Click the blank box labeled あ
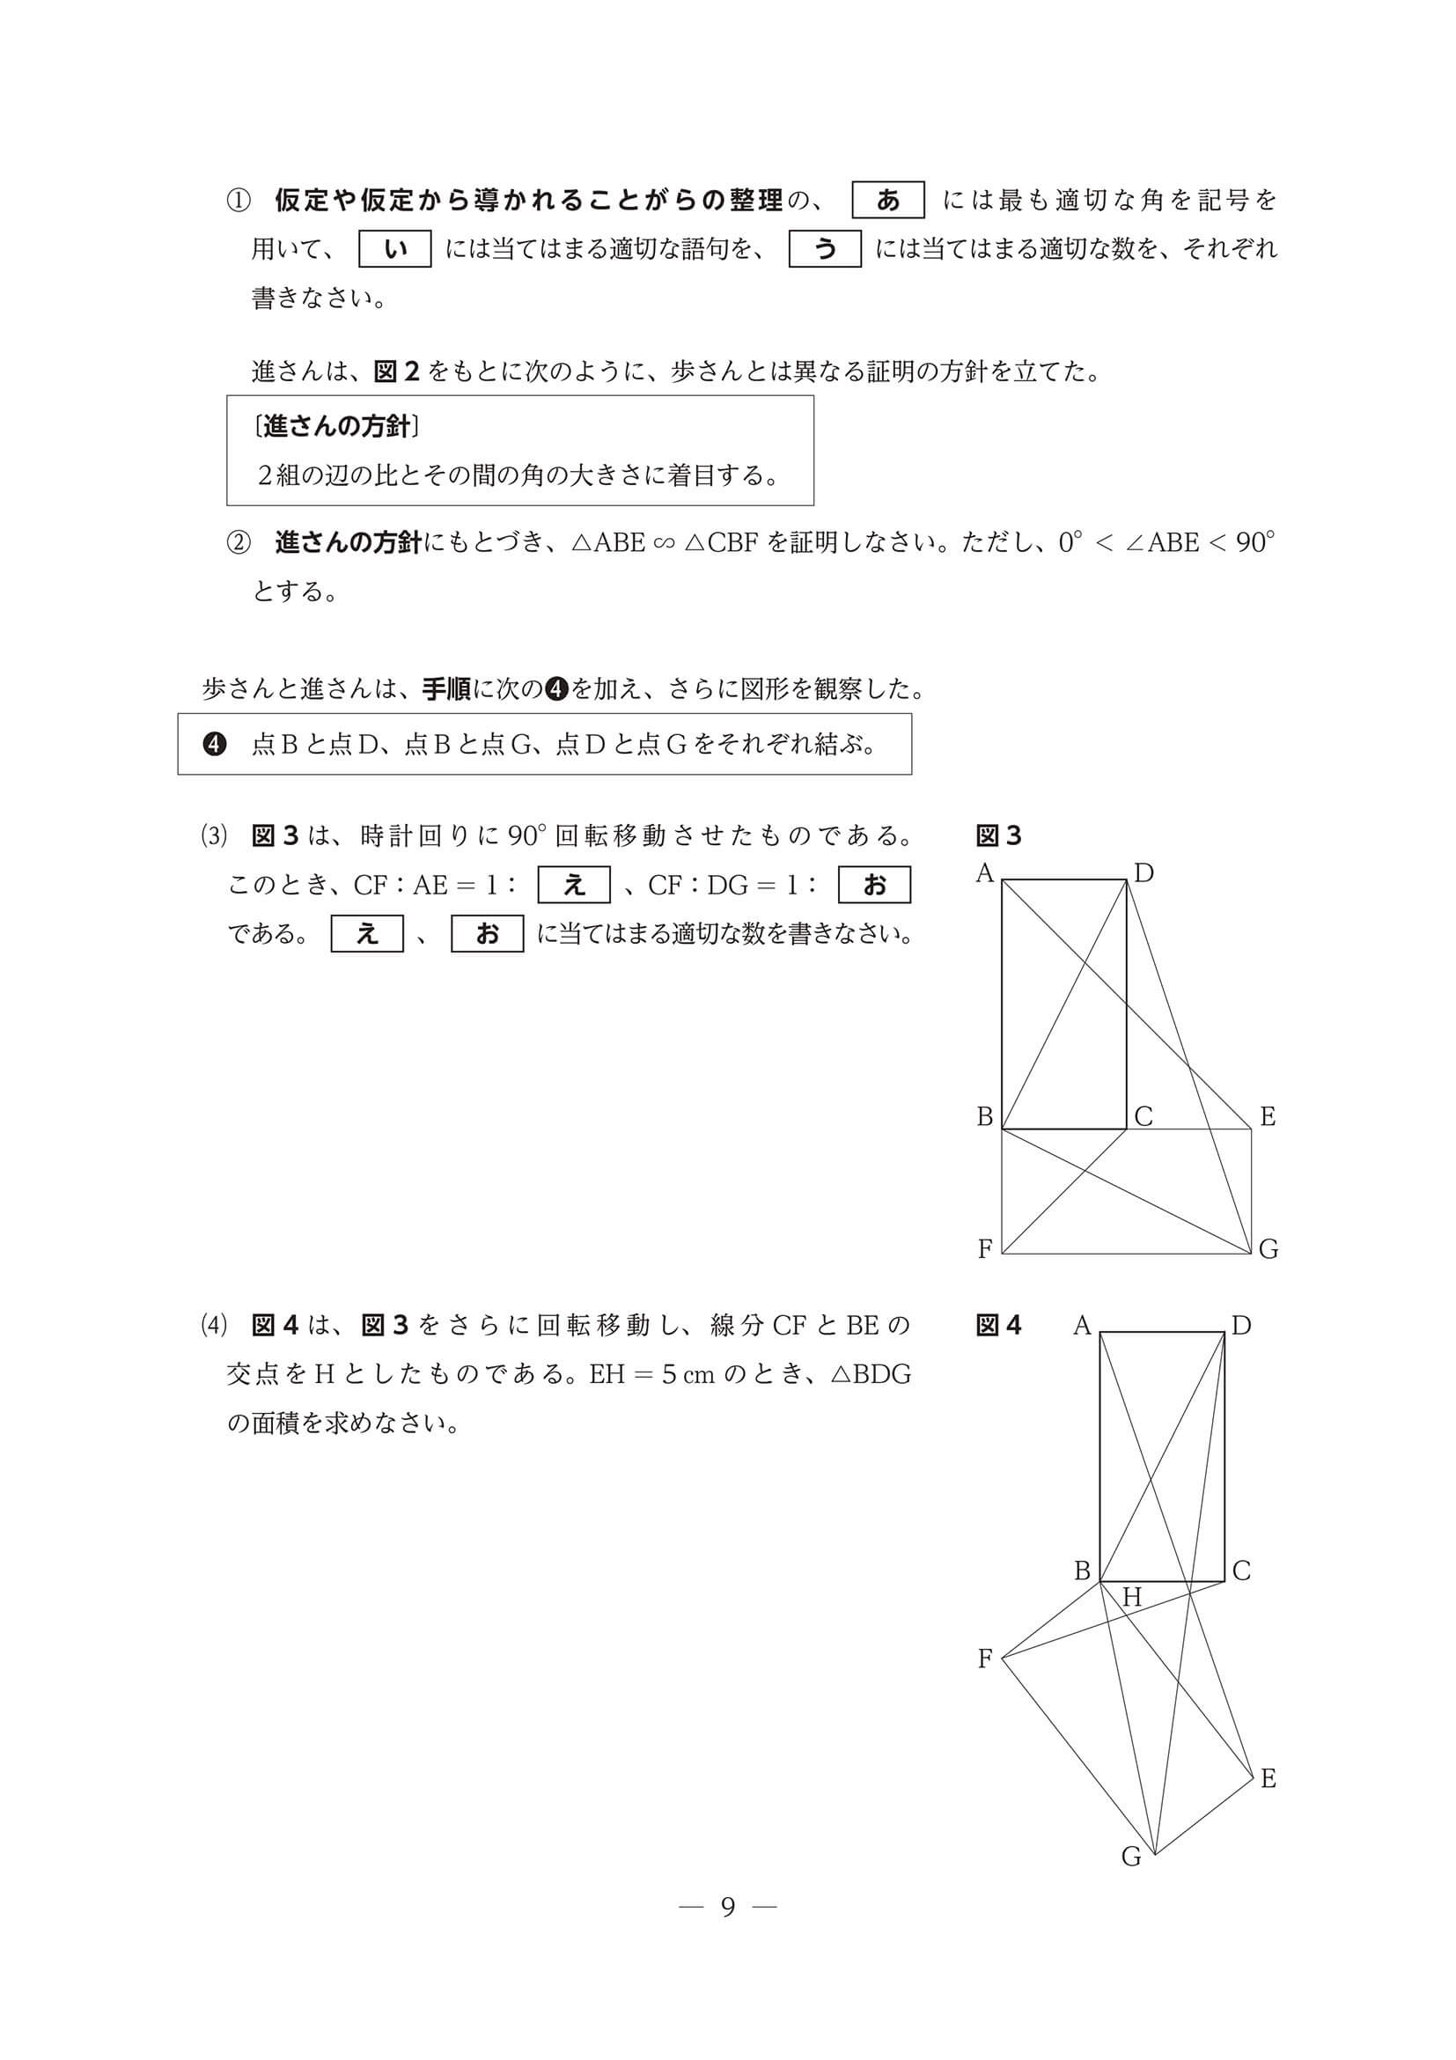[x=887, y=200]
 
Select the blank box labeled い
[x=394, y=248]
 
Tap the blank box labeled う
[x=825, y=248]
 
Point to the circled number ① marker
[x=238, y=200]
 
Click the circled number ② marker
[x=238, y=543]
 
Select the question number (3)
[x=215, y=836]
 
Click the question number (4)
[x=215, y=1325]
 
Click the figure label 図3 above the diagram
[x=998, y=836]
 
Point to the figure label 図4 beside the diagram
[x=998, y=1325]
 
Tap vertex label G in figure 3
[x=1268, y=1249]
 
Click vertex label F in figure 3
[x=985, y=1249]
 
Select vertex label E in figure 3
[x=1267, y=1117]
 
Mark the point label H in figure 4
[x=1131, y=1597]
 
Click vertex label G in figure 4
[x=1131, y=1857]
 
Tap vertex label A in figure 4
[x=1082, y=1325]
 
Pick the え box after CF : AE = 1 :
[x=573, y=885]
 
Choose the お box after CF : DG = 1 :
[x=874, y=885]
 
